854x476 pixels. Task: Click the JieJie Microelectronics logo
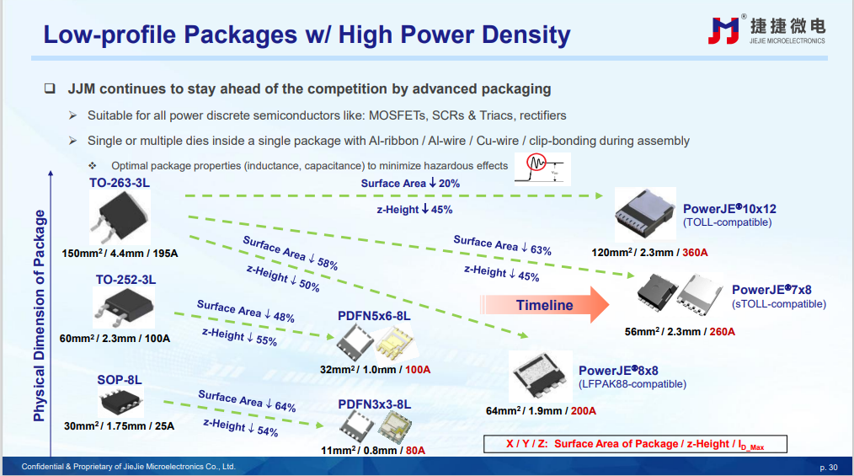click(766, 30)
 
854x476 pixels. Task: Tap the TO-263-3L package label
click(120, 183)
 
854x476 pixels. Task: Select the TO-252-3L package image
click(124, 308)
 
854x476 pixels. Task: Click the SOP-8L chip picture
click(121, 403)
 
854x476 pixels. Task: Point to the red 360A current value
click(695, 253)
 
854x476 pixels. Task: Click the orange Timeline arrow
click(545, 305)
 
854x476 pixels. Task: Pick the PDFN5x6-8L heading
click(374, 316)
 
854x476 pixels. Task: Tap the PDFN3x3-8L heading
click(374, 404)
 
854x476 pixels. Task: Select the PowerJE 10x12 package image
click(645, 213)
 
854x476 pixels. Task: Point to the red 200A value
click(584, 411)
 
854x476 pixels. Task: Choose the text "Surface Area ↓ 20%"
click(410, 184)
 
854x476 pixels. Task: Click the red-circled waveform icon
click(542, 169)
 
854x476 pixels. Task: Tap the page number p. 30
click(829, 468)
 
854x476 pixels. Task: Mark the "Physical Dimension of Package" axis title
click(39, 315)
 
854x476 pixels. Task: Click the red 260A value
click(723, 332)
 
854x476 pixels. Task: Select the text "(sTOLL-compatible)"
click(779, 304)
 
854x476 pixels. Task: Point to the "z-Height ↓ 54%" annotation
click(241, 427)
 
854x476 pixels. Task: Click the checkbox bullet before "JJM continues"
click(50, 88)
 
